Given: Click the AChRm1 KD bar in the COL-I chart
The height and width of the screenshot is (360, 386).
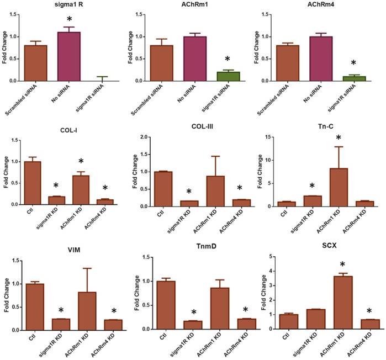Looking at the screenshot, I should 82,190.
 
